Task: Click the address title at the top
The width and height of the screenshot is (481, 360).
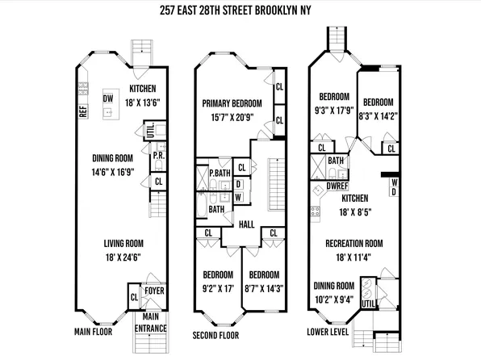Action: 240,13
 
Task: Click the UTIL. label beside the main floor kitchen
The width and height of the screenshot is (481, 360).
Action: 150,128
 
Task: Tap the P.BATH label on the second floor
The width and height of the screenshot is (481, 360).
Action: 217,174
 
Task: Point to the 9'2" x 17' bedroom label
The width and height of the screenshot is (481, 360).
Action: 218,278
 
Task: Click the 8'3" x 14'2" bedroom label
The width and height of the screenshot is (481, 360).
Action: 377,109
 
